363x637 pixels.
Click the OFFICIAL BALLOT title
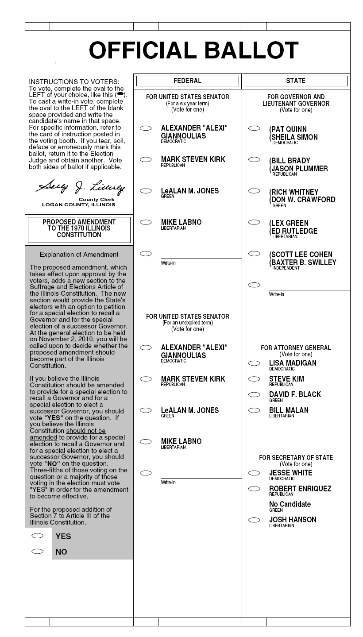194,50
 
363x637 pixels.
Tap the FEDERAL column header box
187,81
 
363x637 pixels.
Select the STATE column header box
296,81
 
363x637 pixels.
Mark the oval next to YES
38,536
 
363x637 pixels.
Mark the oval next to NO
38,551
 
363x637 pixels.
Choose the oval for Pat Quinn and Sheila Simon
254,128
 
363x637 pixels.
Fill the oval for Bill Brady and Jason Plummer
254,159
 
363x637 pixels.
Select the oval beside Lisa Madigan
254,363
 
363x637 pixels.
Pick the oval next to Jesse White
254,473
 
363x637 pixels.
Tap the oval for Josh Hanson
254,520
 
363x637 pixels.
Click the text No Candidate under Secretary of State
290,504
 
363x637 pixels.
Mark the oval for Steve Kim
254,379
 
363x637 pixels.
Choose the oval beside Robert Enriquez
254,489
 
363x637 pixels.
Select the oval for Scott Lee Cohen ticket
254,254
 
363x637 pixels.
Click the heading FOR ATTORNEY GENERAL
296,348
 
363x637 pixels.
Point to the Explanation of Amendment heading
79,255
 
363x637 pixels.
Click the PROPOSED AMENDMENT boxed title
79,228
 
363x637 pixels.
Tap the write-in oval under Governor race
254,285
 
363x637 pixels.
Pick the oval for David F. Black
254,394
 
